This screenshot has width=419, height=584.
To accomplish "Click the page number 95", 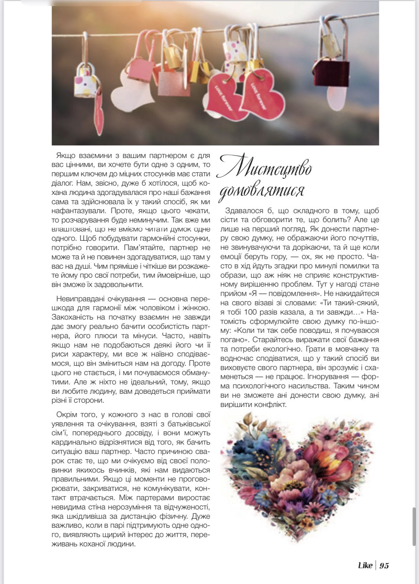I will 384,566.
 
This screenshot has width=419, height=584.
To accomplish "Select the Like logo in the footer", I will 365,566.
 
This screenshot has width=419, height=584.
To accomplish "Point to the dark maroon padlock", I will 332,73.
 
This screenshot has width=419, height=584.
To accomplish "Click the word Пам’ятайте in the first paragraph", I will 145,248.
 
